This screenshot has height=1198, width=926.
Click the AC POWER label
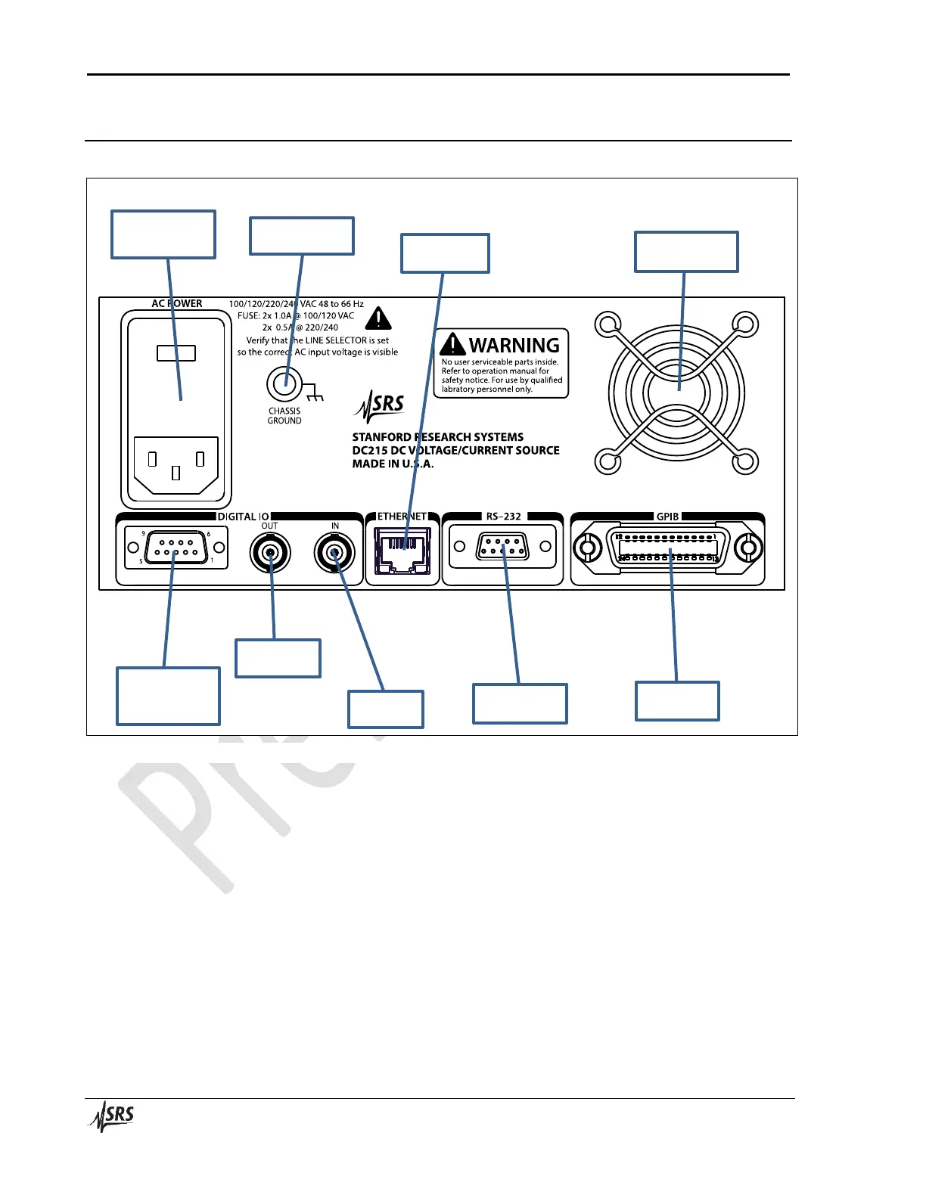point(176,303)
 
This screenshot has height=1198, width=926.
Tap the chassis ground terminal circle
point(284,384)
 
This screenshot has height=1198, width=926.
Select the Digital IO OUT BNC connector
point(270,554)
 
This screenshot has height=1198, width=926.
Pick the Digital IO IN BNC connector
point(334,554)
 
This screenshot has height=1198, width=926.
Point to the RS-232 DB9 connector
point(502,547)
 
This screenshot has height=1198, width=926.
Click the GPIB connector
point(667,548)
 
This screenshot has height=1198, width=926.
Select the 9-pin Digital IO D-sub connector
point(176,548)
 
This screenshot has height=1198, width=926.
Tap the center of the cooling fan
point(676,393)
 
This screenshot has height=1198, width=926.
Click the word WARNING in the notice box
point(514,346)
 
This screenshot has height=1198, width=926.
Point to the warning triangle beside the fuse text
point(378,318)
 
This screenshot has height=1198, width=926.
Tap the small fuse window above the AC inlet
point(176,353)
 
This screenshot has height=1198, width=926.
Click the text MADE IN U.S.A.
point(393,464)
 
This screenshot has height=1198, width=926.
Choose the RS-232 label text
point(503,517)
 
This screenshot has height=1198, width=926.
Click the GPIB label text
point(667,517)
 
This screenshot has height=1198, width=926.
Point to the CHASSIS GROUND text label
point(284,416)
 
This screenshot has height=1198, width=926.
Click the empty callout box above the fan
point(686,252)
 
